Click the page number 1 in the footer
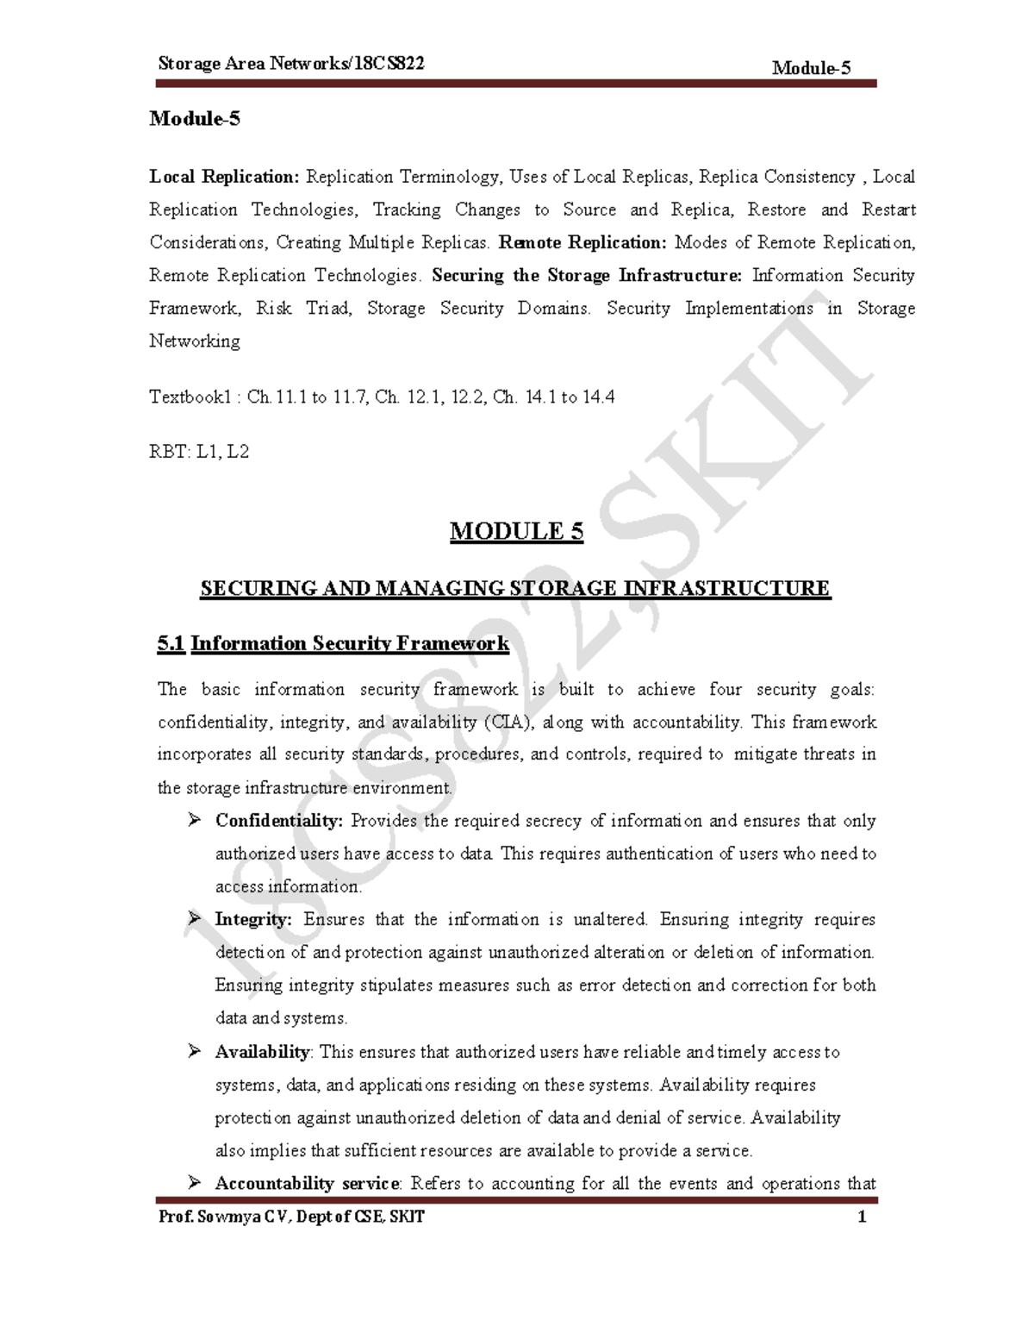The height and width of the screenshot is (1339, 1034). coord(862,1218)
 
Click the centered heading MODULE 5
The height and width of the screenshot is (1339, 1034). coord(516,531)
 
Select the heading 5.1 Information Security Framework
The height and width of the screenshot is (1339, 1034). coord(333,643)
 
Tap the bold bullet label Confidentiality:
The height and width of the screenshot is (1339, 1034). coord(278,821)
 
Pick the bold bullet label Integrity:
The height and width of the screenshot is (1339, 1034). coord(253,919)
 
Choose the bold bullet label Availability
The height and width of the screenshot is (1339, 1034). coord(261,1052)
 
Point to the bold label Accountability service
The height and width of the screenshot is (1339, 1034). coord(307,1183)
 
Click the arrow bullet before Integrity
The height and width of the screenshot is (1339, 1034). coord(194,919)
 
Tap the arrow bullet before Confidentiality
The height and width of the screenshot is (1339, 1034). coord(194,821)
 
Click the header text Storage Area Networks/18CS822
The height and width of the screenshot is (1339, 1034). coord(291,65)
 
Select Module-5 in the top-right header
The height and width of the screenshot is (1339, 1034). coord(812,68)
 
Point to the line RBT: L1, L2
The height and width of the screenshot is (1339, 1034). coord(199,451)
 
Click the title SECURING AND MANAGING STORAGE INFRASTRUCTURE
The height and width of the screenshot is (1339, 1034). coord(515,588)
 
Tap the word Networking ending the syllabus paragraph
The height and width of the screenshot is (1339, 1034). coord(195,341)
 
